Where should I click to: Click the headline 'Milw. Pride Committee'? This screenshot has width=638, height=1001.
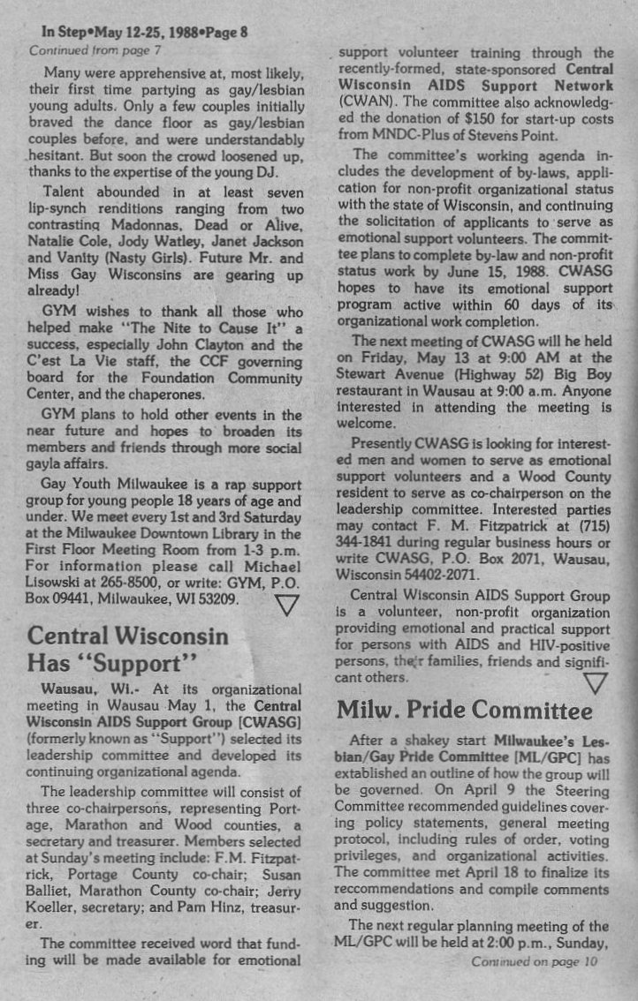click(x=464, y=710)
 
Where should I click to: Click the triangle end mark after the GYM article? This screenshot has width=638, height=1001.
click(x=288, y=605)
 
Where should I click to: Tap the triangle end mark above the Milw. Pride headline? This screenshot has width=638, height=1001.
click(x=596, y=682)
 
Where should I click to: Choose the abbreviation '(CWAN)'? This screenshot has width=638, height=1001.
click(x=366, y=102)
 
